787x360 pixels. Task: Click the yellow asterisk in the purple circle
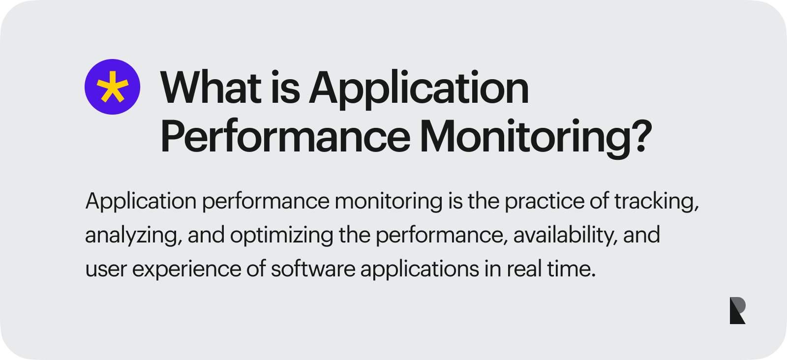(x=112, y=87)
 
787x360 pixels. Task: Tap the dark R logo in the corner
(x=737, y=310)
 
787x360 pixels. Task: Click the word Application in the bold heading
(x=419, y=89)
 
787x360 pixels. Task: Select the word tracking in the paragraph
(x=656, y=201)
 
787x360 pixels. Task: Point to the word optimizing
(x=281, y=235)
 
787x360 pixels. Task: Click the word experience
(x=186, y=269)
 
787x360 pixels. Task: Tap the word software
(x=313, y=269)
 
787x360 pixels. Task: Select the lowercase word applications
(x=420, y=269)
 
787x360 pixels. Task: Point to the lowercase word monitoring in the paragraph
(x=389, y=201)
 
